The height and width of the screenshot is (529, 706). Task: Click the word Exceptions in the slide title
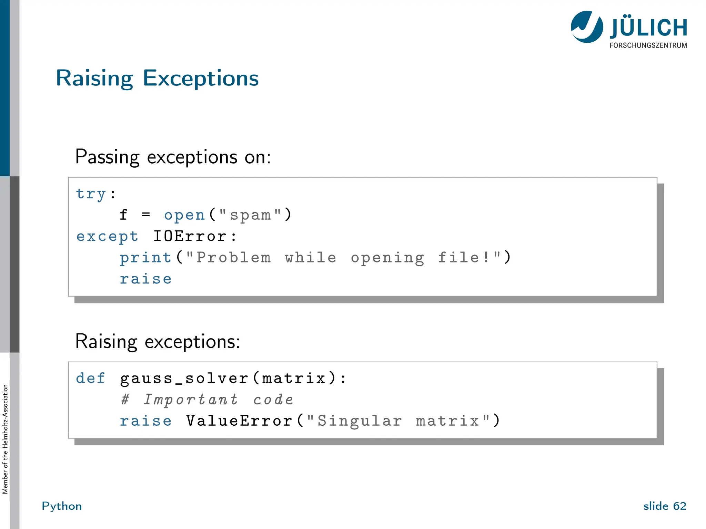coord(200,79)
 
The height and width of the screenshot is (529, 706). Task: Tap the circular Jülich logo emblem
coord(587,27)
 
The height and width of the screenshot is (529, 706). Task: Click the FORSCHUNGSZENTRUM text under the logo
coord(648,45)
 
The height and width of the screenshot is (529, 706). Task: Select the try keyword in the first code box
coord(91,194)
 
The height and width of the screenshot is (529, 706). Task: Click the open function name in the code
coord(185,215)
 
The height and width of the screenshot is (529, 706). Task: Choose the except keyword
coord(107,237)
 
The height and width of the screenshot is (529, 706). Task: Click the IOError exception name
coord(190,237)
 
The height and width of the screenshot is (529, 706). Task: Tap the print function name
coord(145,258)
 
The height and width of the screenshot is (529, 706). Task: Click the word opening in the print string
coord(387,258)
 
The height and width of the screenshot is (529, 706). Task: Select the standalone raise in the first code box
coord(145,279)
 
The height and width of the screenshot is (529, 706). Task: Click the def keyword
coord(90,378)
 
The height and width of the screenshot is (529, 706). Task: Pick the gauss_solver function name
coord(184,378)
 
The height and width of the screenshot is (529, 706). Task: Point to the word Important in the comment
coord(191,400)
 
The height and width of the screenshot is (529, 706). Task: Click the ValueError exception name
coord(239,421)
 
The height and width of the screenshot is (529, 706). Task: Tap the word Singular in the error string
coord(359,421)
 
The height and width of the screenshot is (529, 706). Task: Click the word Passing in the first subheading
coord(107,157)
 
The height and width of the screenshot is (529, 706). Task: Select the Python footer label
coord(62,506)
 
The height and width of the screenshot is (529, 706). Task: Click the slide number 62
coord(679,506)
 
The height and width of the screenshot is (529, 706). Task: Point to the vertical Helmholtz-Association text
coord(5,439)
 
